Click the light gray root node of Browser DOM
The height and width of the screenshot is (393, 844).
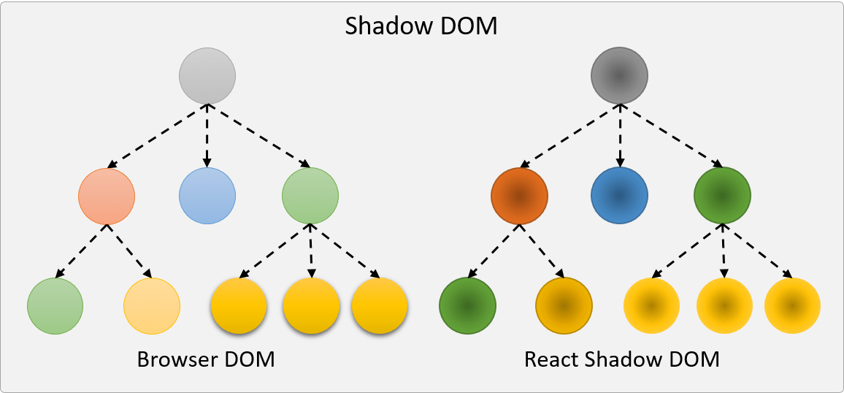pos(207,75)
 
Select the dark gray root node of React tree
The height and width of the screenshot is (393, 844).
pos(620,75)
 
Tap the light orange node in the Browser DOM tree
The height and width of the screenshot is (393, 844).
pos(107,196)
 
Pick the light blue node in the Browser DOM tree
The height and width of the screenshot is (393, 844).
pos(207,196)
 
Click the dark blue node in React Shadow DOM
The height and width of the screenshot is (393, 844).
pos(620,196)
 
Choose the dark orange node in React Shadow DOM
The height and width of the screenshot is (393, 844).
pos(519,196)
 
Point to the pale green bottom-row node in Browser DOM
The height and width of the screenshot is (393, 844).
pos(55,305)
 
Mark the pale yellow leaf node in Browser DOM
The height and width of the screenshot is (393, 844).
pos(152,305)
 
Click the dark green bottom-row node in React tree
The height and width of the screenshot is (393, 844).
pos(467,305)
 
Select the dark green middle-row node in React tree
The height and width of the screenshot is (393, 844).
pos(722,196)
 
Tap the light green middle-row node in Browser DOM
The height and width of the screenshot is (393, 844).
pos(310,196)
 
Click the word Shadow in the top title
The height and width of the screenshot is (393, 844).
pos(387,26)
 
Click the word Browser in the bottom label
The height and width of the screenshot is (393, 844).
pos(171,360)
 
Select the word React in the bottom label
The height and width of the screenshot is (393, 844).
pos(549,360)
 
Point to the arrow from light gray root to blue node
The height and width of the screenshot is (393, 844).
pos(207,135)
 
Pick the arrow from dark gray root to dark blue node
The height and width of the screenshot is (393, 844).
pos(620,135)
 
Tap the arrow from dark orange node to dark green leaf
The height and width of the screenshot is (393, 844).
pos(493,251)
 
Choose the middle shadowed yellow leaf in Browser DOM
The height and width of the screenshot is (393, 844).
pos(311,305)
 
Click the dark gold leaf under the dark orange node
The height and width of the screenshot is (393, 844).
pos(564,305)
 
